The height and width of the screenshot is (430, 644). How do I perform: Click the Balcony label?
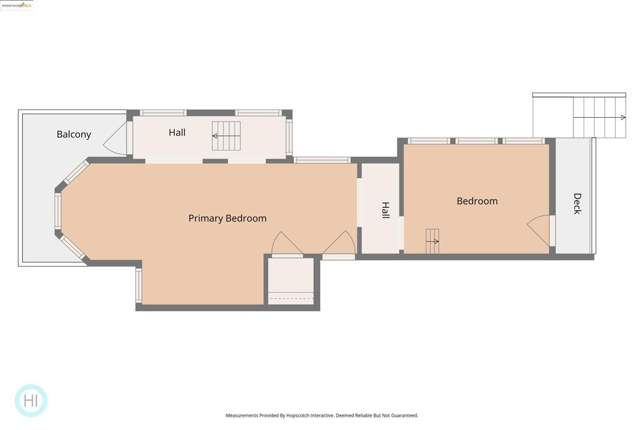coord(74,135)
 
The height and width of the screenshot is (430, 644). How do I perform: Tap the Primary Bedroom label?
coord(228,218)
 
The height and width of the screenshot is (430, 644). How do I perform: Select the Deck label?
coord(577,204)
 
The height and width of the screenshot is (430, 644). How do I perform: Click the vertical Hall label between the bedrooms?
coord(386,210)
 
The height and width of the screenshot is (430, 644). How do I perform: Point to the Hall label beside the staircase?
coord(177,132)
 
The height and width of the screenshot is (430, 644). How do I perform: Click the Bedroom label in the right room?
coord(477,201)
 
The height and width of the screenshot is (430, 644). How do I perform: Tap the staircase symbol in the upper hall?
coord(226,135)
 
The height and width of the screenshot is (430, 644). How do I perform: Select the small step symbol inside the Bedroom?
coord(432,241)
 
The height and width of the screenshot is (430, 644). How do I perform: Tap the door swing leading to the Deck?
coord(538,230)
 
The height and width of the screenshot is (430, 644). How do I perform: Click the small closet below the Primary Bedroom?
coord(291,281)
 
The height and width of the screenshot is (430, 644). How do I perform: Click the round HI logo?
coord(31,400)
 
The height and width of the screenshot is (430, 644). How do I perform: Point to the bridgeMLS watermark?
coord(16,5)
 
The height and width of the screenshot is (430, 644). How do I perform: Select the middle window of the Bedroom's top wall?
coord(477,141)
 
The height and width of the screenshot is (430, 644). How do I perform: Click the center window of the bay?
coord(58,212)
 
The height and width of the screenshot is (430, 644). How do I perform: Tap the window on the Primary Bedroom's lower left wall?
coord(139,285)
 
